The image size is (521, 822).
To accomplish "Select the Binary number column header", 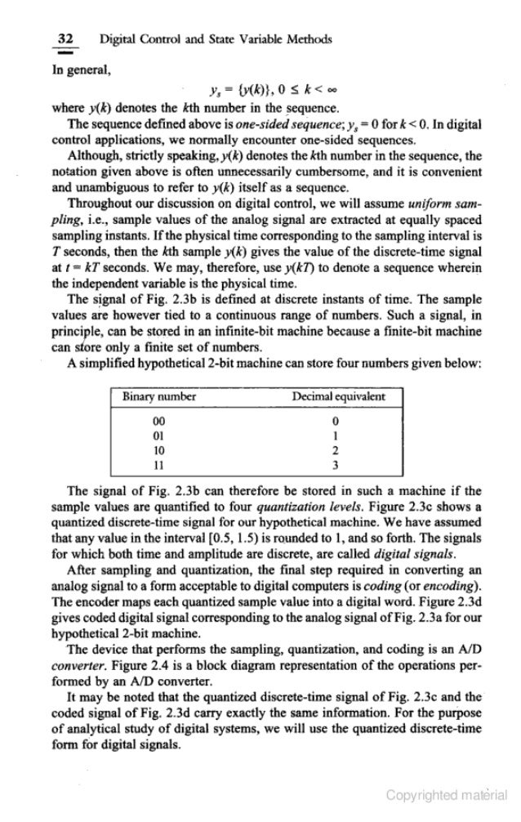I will point(159,397).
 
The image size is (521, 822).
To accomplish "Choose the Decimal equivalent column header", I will point(339,397).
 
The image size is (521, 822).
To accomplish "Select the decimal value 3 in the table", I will point(336,464).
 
